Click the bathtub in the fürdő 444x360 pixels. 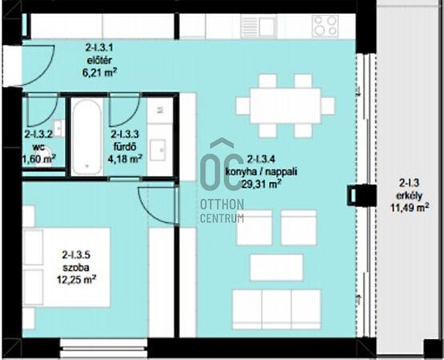(87, 137)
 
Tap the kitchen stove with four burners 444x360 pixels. (326, 26)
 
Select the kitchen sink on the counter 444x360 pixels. (258, 26)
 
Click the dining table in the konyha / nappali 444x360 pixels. (285, 106)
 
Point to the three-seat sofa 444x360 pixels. (276, 310)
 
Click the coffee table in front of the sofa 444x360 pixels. (276, 268)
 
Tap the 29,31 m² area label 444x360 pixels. (262, 184)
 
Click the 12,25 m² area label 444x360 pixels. (77, 280)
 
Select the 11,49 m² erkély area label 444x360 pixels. (410, 208)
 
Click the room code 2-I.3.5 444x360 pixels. (76, 255)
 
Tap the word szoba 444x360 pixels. (76, 267)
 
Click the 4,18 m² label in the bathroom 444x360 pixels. (125, 159)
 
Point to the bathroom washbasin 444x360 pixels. (158, 150)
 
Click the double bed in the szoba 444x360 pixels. (67, 267)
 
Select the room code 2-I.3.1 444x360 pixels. (99, 47)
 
